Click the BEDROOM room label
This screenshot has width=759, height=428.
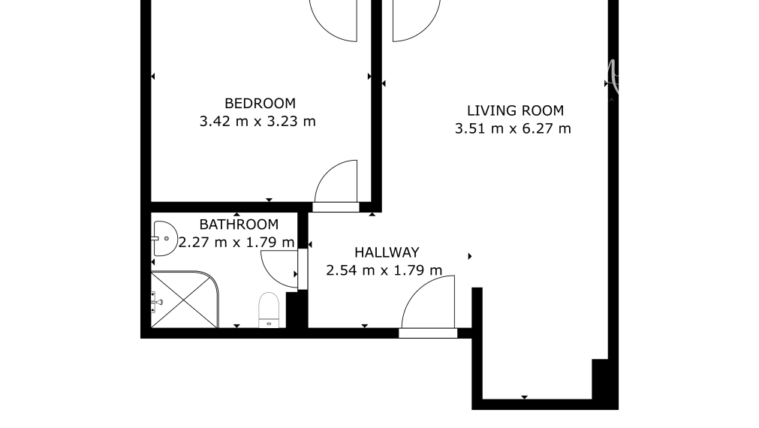click(260, 103)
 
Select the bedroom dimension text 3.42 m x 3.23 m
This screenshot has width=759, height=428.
click(258, 121)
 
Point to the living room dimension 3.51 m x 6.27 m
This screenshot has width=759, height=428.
click(513, 128)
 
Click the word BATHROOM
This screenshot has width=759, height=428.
click(239, 224)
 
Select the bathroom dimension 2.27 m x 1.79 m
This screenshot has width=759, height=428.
click(236, 242)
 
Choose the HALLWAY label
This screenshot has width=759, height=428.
click(387, 252)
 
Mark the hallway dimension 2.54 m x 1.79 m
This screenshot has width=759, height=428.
click(384, 270)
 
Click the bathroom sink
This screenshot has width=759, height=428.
click(163, 239)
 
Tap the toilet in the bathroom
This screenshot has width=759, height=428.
click(269, 310)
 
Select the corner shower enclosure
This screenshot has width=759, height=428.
click(184, 300)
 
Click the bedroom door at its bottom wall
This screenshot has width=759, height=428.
click(337, 184)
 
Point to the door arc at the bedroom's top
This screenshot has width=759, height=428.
click(334, 20)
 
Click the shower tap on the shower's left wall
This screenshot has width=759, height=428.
click(157, 302)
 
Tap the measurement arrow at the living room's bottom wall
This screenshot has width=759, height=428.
click(524, 396)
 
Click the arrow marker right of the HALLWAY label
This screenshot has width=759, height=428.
click(470, 257)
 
